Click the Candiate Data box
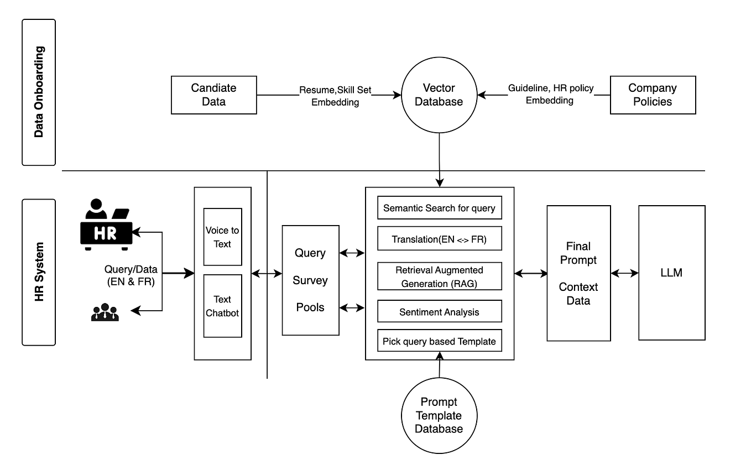click(x=213, y=95)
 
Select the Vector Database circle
click(x=439, y=95)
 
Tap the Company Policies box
click(x=653, y=95)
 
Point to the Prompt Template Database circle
click(x=439, y=415)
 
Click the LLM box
click(x=671, y=273)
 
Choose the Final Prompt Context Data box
click(x=578, y=273)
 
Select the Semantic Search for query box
click(x=439, y=208)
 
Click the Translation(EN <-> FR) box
click(x=439, y=239)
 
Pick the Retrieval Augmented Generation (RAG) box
click(x=439, y=276)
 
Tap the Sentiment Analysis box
click(x=439, y=312)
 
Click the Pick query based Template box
click(x=439, y=341)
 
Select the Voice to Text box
click(x=222, y=237)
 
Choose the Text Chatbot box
click(x=222, y=306)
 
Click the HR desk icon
click(x=106, y=225)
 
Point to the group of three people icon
click(x=105, y=313)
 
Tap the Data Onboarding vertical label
click(x=39, y=92)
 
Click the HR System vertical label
click(x=39, y=272)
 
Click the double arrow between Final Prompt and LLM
click(x=624, y=273)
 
